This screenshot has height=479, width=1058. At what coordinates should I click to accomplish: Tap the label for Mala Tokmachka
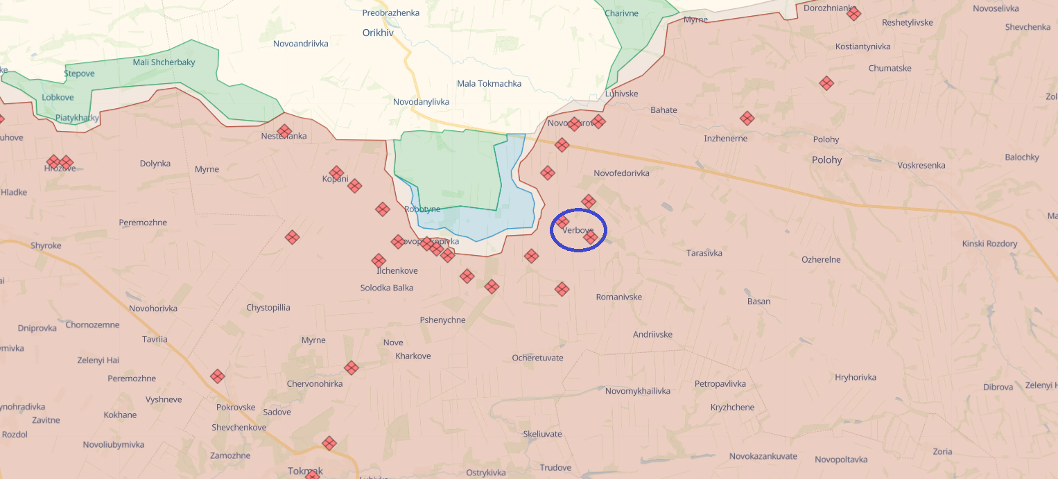(x=489, y=84)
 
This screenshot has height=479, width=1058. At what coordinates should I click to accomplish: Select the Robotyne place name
(x=422, y=209)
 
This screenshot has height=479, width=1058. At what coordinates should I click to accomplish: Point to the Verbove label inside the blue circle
(x=578, y=230)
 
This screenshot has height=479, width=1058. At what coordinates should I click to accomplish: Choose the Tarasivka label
(x=704, y=253)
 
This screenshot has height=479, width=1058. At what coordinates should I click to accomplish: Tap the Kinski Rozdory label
(x=989, y=243)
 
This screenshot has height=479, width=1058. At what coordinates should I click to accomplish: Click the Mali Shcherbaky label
(x=164, y=62)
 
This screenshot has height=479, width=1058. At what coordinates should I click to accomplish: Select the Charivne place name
(x=621, y=13)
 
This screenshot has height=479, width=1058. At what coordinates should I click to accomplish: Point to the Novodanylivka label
(x=421, y=102)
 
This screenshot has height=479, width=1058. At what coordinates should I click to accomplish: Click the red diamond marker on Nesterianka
(x=284, y=131)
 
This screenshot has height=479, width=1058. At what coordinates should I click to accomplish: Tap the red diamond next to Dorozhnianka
(x=853, y=13)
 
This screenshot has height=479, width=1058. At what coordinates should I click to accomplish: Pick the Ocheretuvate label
(x=537, y=358)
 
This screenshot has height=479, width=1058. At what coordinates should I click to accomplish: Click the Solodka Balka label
(x=387, y=288)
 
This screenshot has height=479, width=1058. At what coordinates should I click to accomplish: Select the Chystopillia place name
(x=268, y=307)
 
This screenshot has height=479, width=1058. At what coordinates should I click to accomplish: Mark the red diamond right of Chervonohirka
(x=352, y=368)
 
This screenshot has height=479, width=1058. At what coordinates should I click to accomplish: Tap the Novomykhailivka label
(x=637, y=391)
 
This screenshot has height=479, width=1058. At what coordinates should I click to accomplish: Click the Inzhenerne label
(x=725, y=139)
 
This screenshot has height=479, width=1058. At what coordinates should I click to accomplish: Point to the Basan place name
(x=758, y=302)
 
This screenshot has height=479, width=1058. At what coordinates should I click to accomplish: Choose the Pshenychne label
(x=442, y=320)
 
